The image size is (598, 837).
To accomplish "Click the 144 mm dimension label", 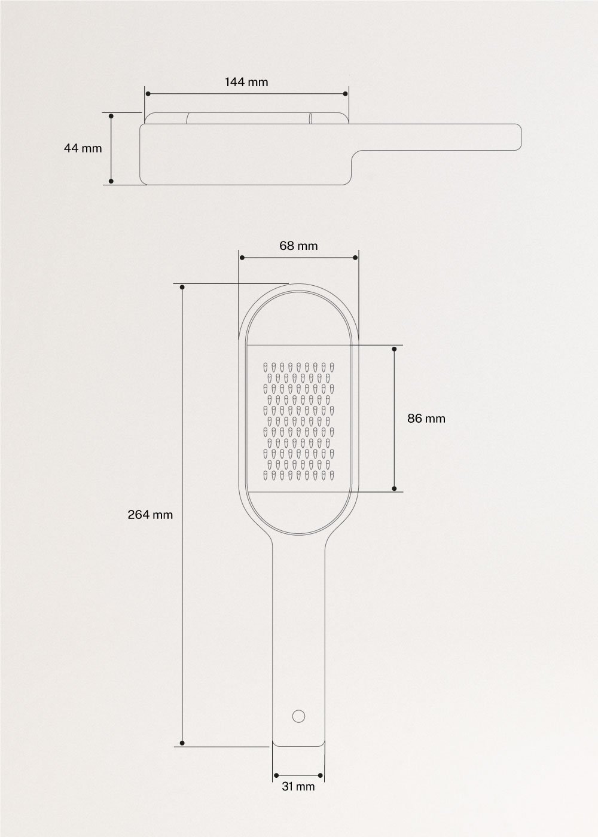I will [x=246, y=82].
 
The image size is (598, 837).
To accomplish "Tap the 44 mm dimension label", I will [x=83, y=148].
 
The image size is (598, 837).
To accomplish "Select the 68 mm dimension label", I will [x=298, y=246].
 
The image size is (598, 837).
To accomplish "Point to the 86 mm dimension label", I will [x=426, y=418].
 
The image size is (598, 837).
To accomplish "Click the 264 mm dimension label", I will [x=150, y=514].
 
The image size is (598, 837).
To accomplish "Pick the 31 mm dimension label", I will [x=298, y=787].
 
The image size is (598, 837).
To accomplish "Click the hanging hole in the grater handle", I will [x=298, y=715].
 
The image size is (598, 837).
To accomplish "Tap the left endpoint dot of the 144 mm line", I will [x=146, y=94].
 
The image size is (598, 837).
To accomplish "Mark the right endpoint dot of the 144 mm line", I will [x=347, y=94].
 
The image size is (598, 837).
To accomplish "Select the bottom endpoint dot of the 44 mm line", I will [x=111, y=181].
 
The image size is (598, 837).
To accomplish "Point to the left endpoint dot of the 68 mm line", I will [x=242, y=258].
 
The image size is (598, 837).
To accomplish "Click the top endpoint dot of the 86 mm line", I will [x=394, y=348].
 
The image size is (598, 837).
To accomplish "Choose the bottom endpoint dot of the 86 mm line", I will [x=394, y=489].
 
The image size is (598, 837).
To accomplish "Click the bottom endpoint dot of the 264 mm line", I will [x=182, y=744].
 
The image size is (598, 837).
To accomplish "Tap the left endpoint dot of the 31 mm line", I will [x=276, y=776].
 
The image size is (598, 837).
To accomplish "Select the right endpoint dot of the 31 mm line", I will [x=321, y=776].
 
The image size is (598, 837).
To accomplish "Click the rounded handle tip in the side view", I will [x=518, y=136].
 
